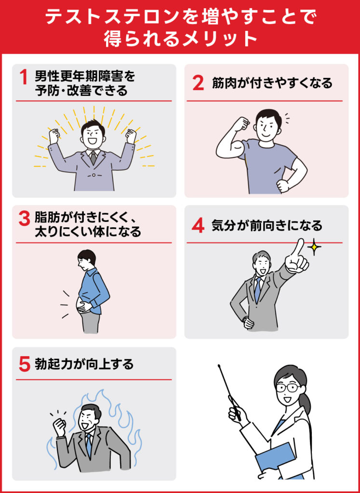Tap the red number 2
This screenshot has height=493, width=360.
pyautogui.click(x=198, y=83)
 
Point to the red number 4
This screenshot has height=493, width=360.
pyautogui.click(x=198, y=225)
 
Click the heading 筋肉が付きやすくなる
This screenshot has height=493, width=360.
pyautogui.click(x=272, y=83)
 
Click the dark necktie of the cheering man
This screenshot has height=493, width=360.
pyautogui.click(x=93, y=157)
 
